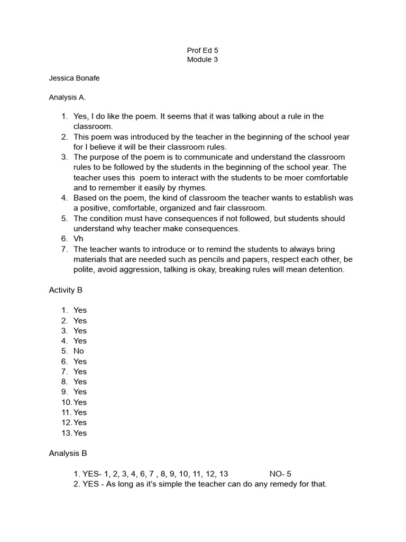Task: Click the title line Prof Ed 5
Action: (202, 50)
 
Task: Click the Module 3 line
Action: (202, 60)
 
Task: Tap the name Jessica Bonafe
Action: (74, 78)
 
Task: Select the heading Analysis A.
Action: (67, 97)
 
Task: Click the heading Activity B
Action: (66, 290)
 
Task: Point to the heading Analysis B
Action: (68, 453)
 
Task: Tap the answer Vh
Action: (78, 239)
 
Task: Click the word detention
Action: (326, 269)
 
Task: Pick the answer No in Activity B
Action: (79, 351)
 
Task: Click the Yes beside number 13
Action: (80, 433)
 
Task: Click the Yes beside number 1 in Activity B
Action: (80, 310)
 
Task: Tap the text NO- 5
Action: (280, 474)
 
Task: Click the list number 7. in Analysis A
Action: (64, 249)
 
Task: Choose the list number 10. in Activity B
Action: (66, 402)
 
